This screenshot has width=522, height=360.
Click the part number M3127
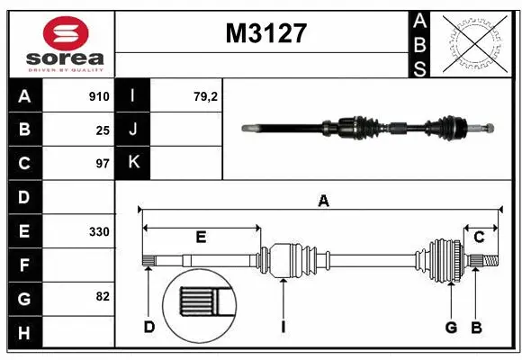pos(265,34)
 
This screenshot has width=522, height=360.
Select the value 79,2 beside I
pos(207,95)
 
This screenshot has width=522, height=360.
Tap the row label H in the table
pos(24,333)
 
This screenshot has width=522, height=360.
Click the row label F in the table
pos(24,265)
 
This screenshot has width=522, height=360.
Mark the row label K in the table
pos(133,164)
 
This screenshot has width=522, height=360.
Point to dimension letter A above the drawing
pos(323,202)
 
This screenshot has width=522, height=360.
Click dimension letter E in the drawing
pos(201,238)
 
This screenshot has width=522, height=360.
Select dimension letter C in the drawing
pos(479,238)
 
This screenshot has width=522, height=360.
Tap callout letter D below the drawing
pos(149,326)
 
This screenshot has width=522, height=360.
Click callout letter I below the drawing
pos(283,326)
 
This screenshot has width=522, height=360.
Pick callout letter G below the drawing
pos(450,326)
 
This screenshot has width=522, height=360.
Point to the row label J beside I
pos(133,130)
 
